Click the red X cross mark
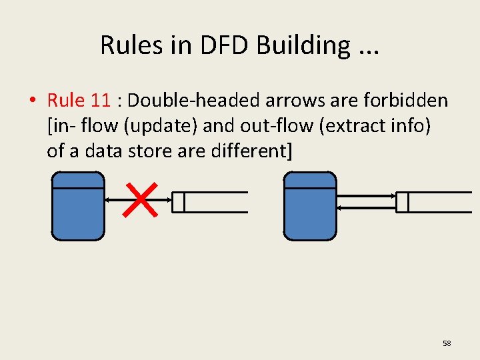[141, 200]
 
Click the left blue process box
[78, 206]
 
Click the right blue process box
[310, 206]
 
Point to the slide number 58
[447, 343]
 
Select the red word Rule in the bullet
[66, 101]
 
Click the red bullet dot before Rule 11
[32, 101]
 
